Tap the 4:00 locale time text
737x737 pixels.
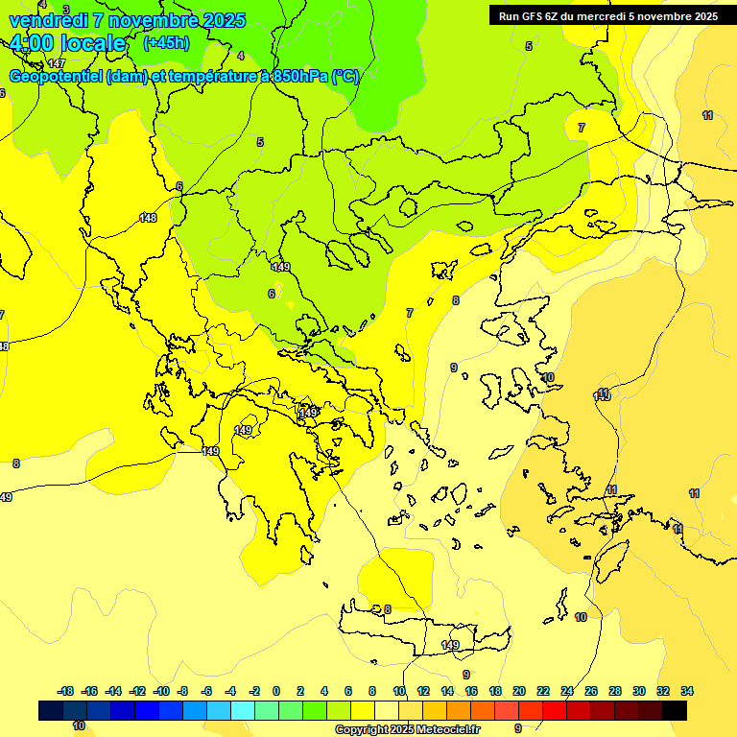click(67, 43)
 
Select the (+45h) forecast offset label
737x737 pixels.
click(165, 43)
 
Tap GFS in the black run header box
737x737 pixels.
click(535, 16)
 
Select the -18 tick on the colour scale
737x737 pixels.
click(65, 691)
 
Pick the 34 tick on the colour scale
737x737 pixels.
click(687, 691)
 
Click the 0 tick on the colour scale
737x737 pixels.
click(276, 691)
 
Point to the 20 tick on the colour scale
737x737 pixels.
click(519, 691)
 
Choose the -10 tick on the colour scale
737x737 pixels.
click(161, 691)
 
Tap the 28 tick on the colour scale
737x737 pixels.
click(615, 691)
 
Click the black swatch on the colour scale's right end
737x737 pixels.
click(675, 710)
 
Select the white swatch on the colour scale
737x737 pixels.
click(387, 710)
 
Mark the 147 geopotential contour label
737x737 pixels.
click(56, 63)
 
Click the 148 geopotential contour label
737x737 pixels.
click(148, 218)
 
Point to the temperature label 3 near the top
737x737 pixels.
click(65, 10)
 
